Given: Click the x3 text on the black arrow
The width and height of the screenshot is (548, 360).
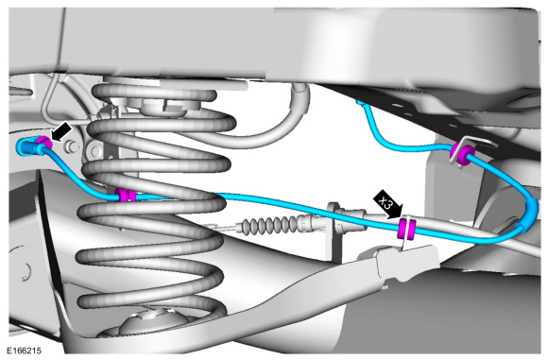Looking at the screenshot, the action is point(386,203).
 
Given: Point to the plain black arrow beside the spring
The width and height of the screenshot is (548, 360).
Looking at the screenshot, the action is point(61,132).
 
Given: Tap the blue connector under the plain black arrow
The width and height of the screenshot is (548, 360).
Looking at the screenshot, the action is point(28,147).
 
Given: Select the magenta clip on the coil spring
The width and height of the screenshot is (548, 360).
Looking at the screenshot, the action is point(125,195).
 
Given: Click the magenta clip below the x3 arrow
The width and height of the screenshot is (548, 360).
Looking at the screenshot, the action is point(405,229).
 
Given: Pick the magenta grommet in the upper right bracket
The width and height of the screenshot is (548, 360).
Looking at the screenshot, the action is point(462,154).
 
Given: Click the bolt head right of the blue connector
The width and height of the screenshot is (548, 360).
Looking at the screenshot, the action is point(72,147).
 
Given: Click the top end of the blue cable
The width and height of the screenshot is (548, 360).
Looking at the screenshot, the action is point(360,102).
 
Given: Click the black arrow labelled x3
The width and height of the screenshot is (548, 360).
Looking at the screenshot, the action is point(388,205).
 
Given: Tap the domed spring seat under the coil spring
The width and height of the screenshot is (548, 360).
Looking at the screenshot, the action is point(154,322).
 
